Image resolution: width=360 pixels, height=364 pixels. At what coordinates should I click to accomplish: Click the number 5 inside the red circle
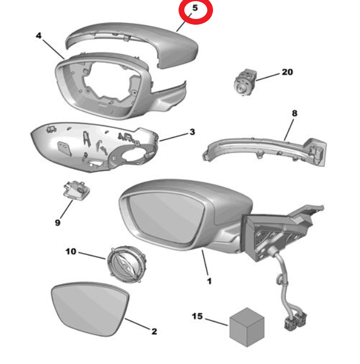(x=195, y=8)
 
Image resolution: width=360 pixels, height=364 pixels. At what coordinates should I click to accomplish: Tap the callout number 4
(x=38, y=36)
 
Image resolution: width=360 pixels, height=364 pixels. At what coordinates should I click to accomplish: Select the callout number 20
(x=287, y=72)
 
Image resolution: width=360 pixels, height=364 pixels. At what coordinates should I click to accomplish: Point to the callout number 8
(x=295, y=113)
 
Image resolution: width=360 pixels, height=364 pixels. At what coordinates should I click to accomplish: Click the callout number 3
(x=192, y=132)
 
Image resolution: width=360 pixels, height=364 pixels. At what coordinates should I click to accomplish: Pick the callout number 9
(x=57, y=223)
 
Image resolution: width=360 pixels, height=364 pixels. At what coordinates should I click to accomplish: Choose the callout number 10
(x=71, y=251)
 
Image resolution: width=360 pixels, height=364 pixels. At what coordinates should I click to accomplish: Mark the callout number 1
(x=210, y=281)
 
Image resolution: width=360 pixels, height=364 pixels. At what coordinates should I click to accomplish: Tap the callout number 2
(x=154, y=331)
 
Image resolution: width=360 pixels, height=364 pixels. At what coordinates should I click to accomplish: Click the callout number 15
(x=198, y=316)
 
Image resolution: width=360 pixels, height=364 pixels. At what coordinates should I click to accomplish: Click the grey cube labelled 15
(x=247, y=327)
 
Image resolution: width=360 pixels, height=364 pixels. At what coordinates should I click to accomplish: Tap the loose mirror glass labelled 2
(x=90, y=309)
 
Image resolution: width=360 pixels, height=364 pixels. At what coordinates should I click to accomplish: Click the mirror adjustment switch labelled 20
(x=245, y=83)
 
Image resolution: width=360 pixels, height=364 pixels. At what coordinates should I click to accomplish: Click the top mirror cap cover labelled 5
(x=132, y=44)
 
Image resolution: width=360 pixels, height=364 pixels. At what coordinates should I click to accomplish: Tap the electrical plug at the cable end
(x=295, y=322)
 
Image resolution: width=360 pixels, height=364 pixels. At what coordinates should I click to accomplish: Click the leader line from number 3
(x=174, y=137)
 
